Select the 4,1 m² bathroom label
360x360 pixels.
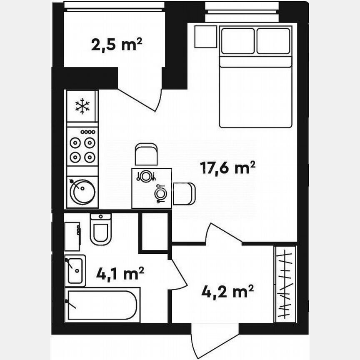click(x=120, y=274)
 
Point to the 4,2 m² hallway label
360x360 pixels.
click(x=227, y=291)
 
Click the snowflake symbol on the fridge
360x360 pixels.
click(x=82, y=106)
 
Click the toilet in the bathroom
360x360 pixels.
click(x=100, y=230)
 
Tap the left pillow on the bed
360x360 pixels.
click(x=238, y=41)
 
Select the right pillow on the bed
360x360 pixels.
click(x=273, y=41)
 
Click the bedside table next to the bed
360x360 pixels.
click(x=206, y=37)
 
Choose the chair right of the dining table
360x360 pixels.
click(x=184, y=194)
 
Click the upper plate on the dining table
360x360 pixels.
click(x=145, y=176)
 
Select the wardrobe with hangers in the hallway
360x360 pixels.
click(x=285, y=284)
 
